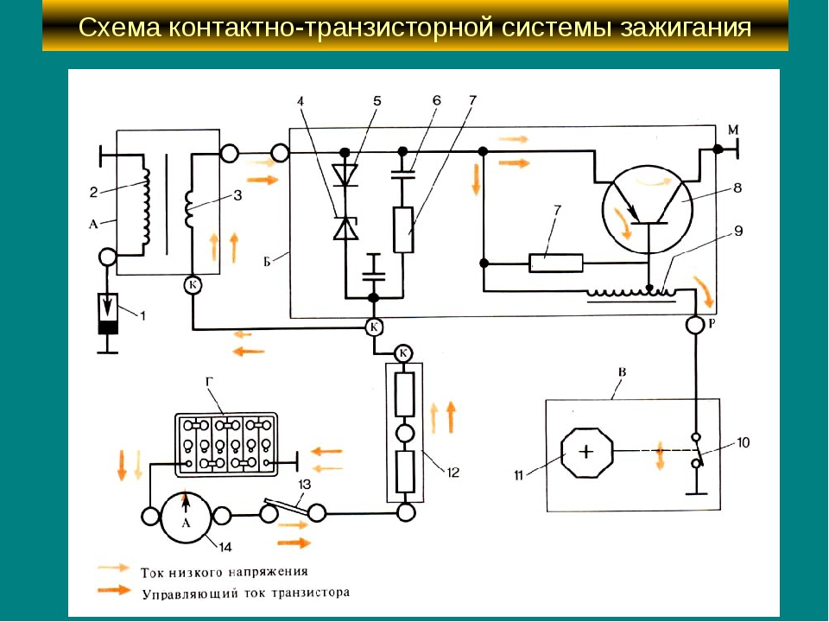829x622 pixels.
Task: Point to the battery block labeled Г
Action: (x=226, y=444)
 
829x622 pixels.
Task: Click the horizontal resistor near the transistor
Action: (x=555, y=263)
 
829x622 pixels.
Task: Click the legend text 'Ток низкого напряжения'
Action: (x=224, y=572)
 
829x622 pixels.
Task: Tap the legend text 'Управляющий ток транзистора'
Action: (x=244, y=593)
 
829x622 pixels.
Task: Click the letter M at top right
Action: (x=733, y=130)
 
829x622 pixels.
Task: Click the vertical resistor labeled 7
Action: (x=402, y=229)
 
